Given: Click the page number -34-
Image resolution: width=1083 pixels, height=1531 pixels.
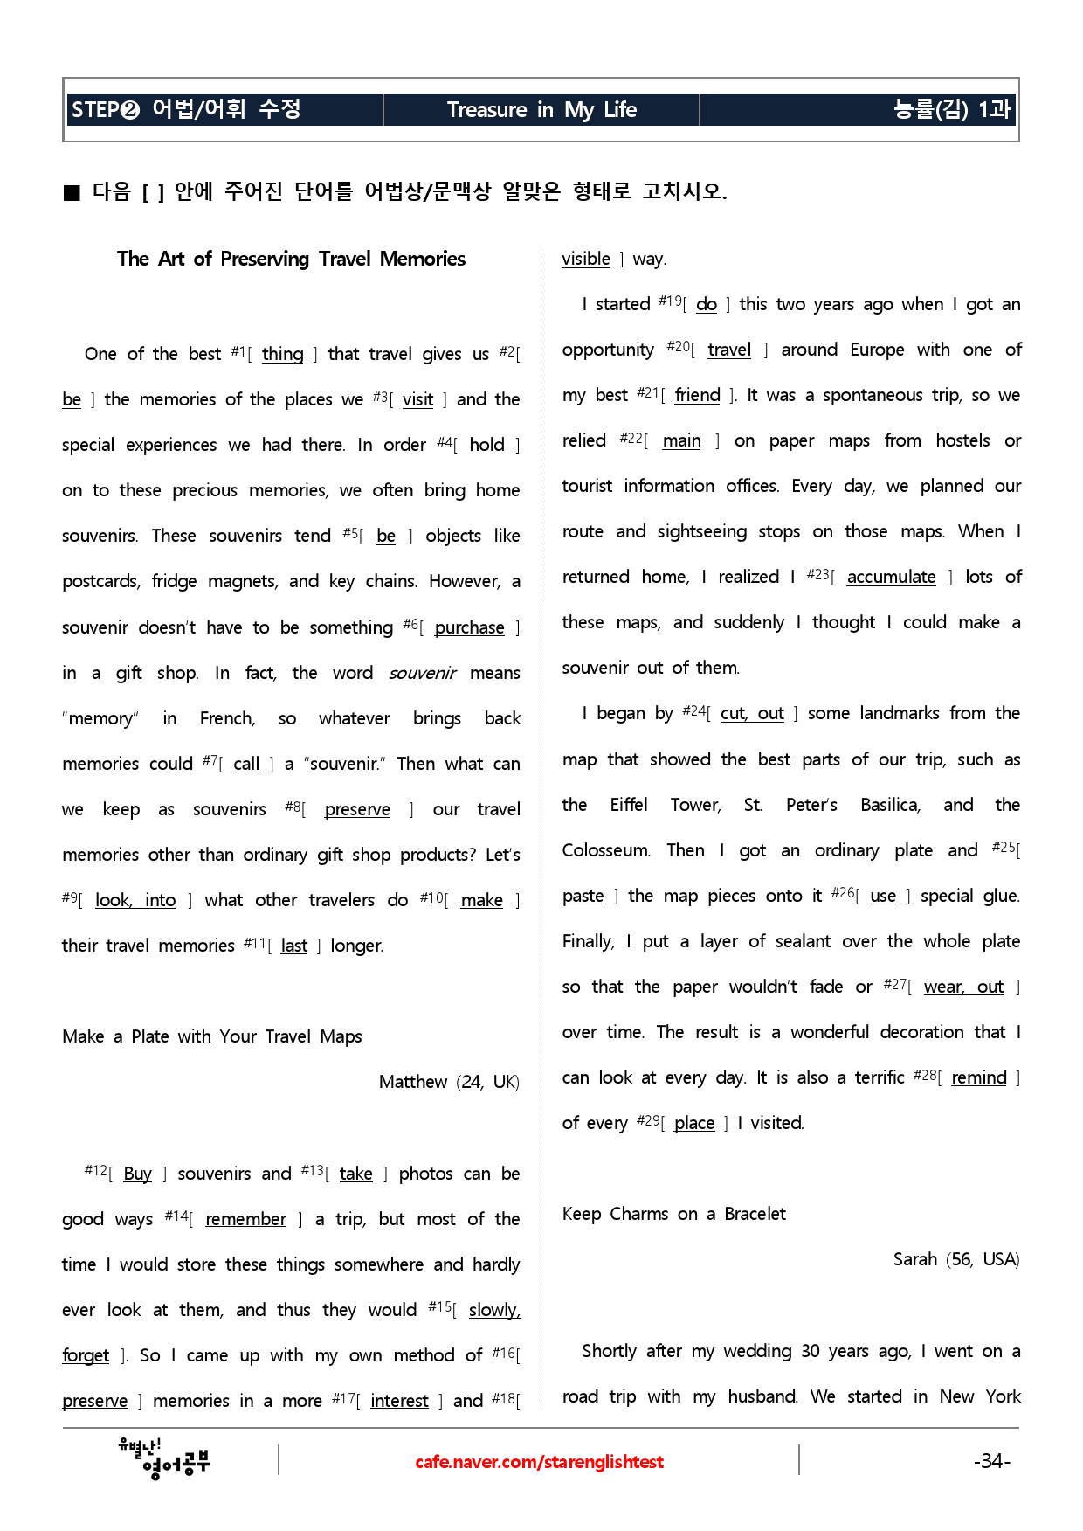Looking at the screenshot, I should tap(991, 1461).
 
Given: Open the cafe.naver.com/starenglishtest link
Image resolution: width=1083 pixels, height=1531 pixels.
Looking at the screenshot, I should tap(539, 1462).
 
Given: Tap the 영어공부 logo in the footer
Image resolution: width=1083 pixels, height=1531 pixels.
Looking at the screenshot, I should tap(165, 1458).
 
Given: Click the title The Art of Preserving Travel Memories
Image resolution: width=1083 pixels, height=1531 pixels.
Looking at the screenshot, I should tap(291, 259).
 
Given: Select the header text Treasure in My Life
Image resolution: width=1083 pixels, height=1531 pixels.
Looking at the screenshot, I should tap(541, 110).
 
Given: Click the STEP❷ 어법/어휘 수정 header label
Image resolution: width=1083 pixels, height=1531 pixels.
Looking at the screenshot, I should tap(186, 109).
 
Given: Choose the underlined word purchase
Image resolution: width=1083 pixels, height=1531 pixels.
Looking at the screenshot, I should tap(469, 627).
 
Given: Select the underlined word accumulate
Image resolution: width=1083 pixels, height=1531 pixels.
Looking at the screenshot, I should tap(891, 577).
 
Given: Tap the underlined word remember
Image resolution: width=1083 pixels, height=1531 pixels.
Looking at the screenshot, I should tap(245, 1219).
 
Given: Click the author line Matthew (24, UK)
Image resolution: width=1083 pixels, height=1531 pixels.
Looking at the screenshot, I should tap(449, 1082).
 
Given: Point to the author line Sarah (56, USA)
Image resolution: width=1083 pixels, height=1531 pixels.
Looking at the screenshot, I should tap(956, 1259).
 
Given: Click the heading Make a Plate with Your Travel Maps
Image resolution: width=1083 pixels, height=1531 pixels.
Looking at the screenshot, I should tap(212, 1036).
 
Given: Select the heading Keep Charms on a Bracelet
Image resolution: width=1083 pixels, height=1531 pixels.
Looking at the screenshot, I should tap(673, 1214).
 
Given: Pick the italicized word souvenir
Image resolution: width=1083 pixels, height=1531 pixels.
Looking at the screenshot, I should tap(422, 673).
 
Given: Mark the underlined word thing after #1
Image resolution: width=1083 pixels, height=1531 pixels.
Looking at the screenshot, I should tap(282, 354).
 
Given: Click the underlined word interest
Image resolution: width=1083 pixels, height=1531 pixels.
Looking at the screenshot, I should tap(399, 1401).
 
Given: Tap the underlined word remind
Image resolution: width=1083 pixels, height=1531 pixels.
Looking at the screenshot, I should tap(978, 1077).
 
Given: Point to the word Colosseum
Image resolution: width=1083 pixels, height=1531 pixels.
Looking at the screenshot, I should tap(605, 850).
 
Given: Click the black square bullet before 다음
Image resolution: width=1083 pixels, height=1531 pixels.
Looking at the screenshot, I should tap(72, 192).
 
